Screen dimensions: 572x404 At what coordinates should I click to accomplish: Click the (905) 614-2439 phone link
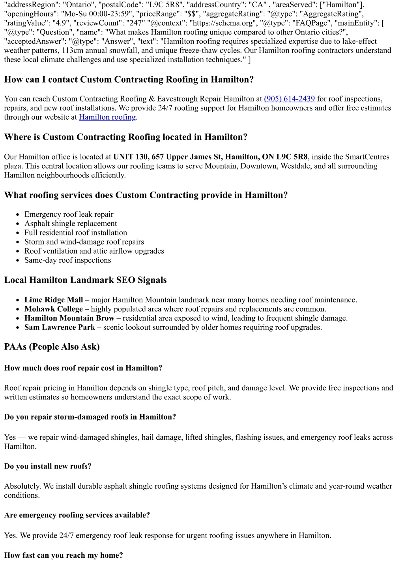(289, 99)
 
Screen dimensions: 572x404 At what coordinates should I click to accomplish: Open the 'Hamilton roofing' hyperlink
(107, 117)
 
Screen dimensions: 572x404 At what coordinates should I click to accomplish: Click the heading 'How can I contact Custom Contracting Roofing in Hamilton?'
(129, 79)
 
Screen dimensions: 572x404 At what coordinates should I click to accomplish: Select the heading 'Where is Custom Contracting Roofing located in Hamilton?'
(126, 137)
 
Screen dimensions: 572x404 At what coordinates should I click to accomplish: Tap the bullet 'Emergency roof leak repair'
(69, 214)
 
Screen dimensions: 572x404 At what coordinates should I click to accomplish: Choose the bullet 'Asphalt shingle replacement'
(71, 224)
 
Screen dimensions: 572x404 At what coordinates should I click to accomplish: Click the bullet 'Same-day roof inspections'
(67, 260)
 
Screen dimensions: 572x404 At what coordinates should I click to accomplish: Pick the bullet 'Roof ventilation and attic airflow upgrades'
(94, 251)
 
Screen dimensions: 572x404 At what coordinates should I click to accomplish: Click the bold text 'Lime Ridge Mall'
(54, 300)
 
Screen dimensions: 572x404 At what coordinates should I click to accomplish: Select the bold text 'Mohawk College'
(54, 309)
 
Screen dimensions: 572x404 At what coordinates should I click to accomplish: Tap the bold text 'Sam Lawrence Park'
(60, 327)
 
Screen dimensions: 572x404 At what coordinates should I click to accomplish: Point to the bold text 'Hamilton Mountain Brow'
(69, 318)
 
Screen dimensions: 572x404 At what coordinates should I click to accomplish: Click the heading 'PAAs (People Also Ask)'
(52, 347)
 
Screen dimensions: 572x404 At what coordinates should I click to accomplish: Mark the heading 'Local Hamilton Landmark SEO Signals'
(85, 280)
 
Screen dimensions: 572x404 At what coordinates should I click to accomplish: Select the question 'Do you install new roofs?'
(48, 466)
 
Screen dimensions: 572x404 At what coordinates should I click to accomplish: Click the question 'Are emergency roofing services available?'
(77, 515)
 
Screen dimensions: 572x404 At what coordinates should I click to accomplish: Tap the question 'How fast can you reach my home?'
(64, 555)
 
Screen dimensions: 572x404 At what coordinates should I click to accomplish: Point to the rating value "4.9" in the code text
(60, 23)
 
